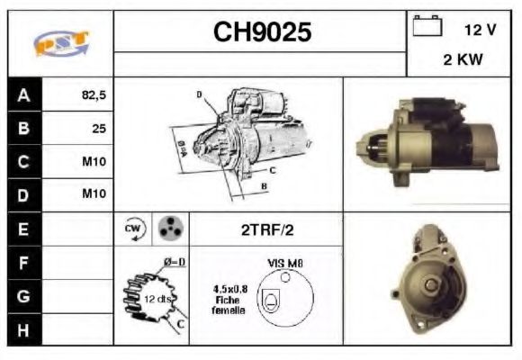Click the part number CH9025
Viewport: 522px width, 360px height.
pyautogui.click(x=262, y=33)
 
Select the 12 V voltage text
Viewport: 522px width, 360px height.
pyautogui.click(x=480, y=31)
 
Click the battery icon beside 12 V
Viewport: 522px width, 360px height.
pyautogui.click(x=427, y=26)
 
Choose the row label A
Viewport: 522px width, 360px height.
pyautogui.click(x=23, y=94)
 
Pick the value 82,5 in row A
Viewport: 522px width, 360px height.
pyautogui.click(x=94, y=94)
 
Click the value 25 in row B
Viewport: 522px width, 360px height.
pyautogui.click(x=99, y=128)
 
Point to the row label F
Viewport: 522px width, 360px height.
pyautogui.click(x=23, y=262)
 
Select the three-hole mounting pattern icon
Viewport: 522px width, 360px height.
pyautogui.click(x=168, y=229)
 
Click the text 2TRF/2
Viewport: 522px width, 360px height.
pyautogui.click(x=266, y=229)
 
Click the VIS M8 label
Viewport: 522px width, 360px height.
pyautogui.click(x=284, y=262)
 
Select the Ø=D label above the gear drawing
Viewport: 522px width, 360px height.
pyautogui.click(x=174, y=262)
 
